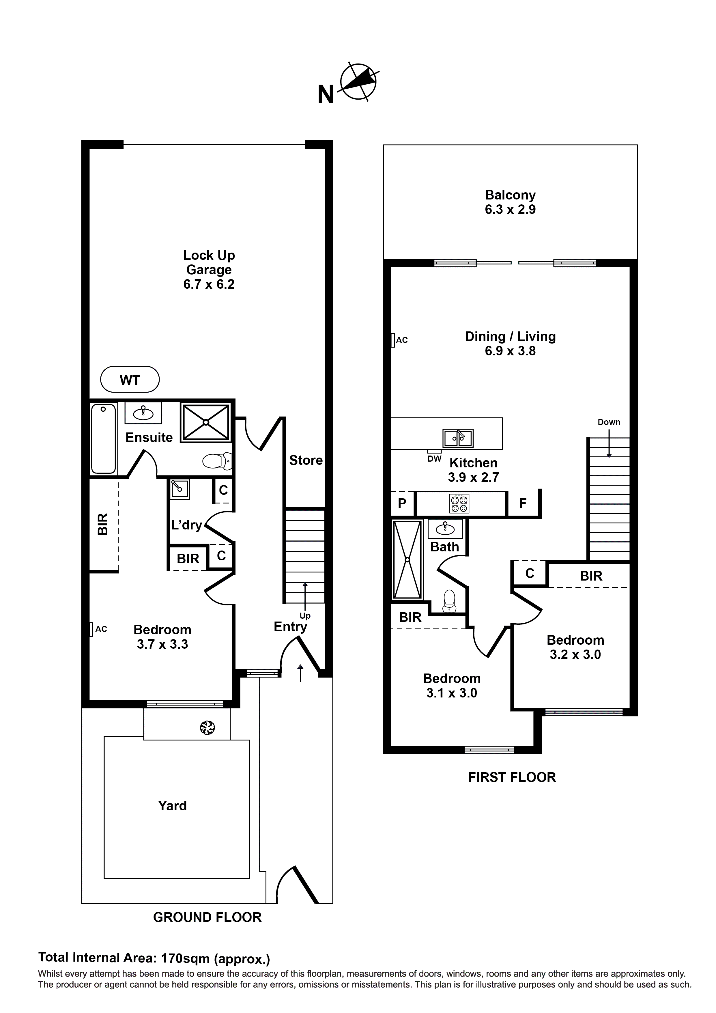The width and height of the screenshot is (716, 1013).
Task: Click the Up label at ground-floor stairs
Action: pyautogui.click(x=305, y=616)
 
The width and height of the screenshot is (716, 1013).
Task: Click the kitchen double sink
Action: pyautogui.click(x=458, y=439)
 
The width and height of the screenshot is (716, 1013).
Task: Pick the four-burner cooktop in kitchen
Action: pyautogui.click(x=459, y=504)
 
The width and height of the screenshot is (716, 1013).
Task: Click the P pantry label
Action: pyautogui.click(x=402, y=503)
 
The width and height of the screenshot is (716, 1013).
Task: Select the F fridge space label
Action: pyautogui.click(x=523, y=503)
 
